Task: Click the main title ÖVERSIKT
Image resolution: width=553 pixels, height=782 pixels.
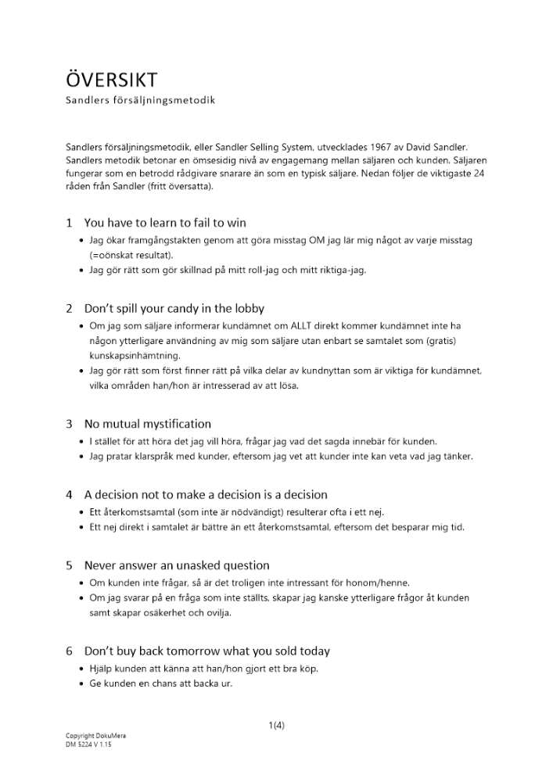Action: [x=111, y=80]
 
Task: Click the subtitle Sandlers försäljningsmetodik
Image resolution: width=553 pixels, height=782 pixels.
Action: [x=139, y=101]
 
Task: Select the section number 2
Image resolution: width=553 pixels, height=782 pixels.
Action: [x=69, y=308]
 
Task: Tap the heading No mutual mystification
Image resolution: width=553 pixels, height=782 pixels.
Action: [x=148, y=424]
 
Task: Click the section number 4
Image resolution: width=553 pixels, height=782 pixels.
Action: [x=69, y=495]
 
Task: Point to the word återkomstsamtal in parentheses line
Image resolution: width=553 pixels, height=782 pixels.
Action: [x=134, y=512]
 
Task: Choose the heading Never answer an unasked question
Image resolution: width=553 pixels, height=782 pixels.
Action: [x=177, y=565]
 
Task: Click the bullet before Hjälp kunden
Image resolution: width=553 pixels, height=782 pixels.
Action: [x=82, y=669]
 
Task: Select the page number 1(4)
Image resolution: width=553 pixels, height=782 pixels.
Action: [x=276, y=725]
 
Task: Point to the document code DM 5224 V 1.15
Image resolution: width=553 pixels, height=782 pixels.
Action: [x=89, y=744]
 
